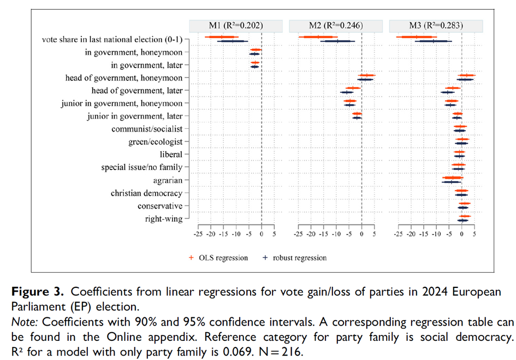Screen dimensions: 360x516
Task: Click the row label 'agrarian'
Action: tap(169, 180)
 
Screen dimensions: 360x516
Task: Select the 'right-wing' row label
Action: tap(164, 219)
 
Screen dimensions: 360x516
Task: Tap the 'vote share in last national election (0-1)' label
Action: tap(112, 39)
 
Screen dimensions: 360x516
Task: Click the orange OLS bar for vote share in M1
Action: tap(222, 37)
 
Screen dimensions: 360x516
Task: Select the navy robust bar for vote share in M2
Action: tap(337, 41)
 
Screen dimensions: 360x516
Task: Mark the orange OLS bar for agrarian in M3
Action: tap(452, 178)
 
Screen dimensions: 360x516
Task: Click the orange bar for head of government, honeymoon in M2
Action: tap(366, 75)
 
